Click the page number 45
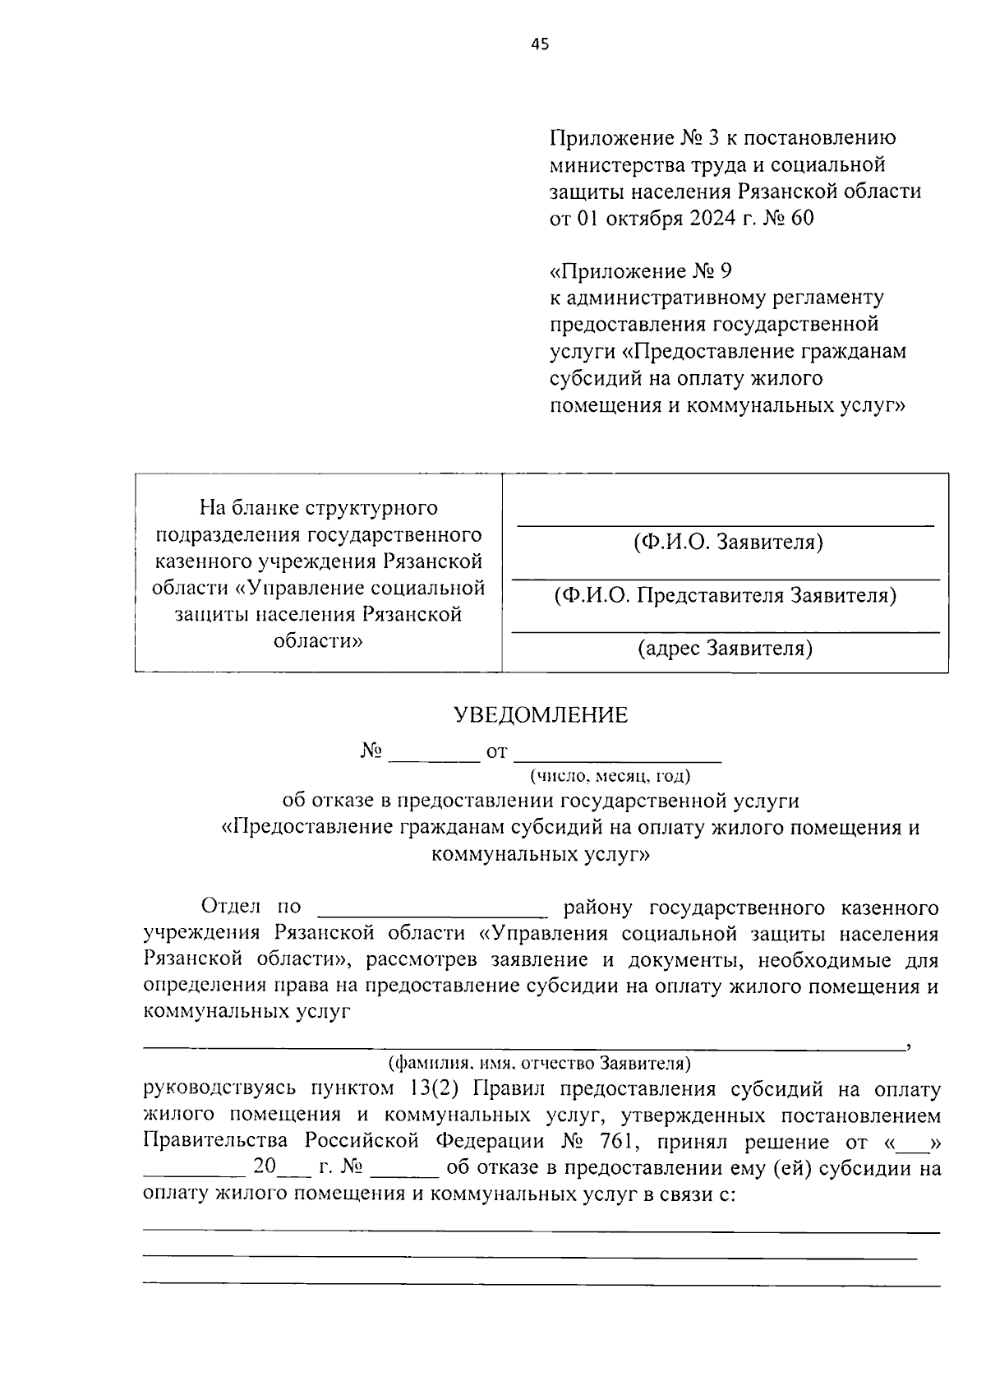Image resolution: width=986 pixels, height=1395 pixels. coord(540,45)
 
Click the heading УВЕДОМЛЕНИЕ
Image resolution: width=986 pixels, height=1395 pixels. coord(541,715)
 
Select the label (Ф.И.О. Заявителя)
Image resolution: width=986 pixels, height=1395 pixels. coord(728,543)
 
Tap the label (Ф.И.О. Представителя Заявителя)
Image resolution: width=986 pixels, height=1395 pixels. coord(725,595)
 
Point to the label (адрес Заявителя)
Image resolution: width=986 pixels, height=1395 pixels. coord(726,649)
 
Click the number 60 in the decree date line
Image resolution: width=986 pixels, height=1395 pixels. coord(799,219)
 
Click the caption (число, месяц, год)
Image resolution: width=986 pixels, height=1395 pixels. coord(610,775)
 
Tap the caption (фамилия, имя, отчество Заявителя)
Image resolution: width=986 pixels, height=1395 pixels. coord(539,1064)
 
